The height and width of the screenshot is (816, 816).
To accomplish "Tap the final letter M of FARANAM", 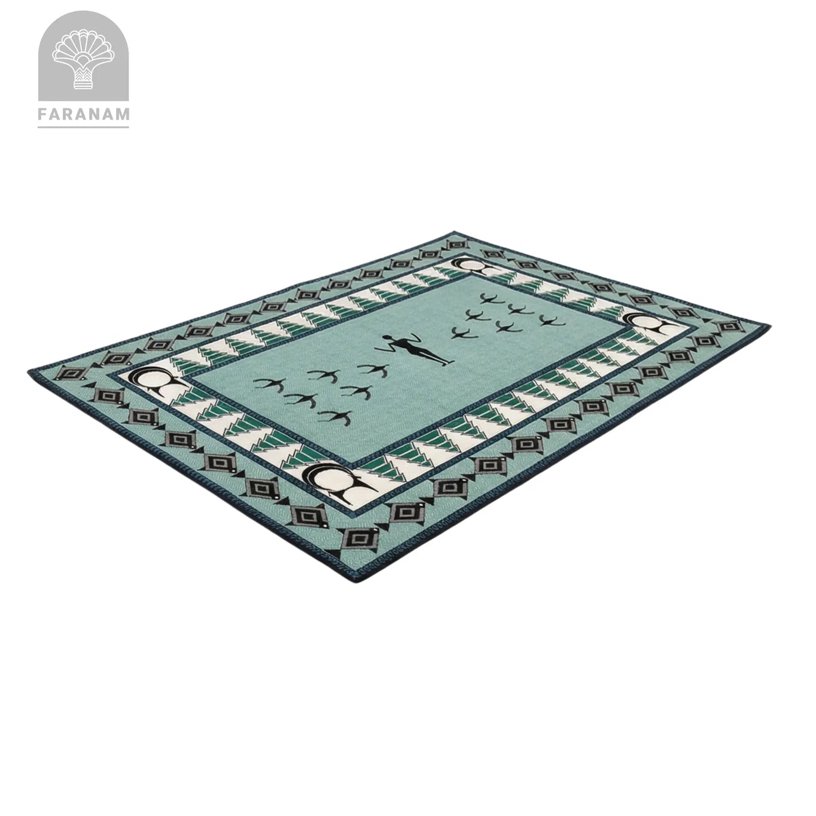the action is point(123,114).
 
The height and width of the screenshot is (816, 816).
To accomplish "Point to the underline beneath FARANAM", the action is point(84,126).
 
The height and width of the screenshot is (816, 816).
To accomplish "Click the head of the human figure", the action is point(387,338).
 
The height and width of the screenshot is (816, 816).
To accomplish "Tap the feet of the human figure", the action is point(447,361).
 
